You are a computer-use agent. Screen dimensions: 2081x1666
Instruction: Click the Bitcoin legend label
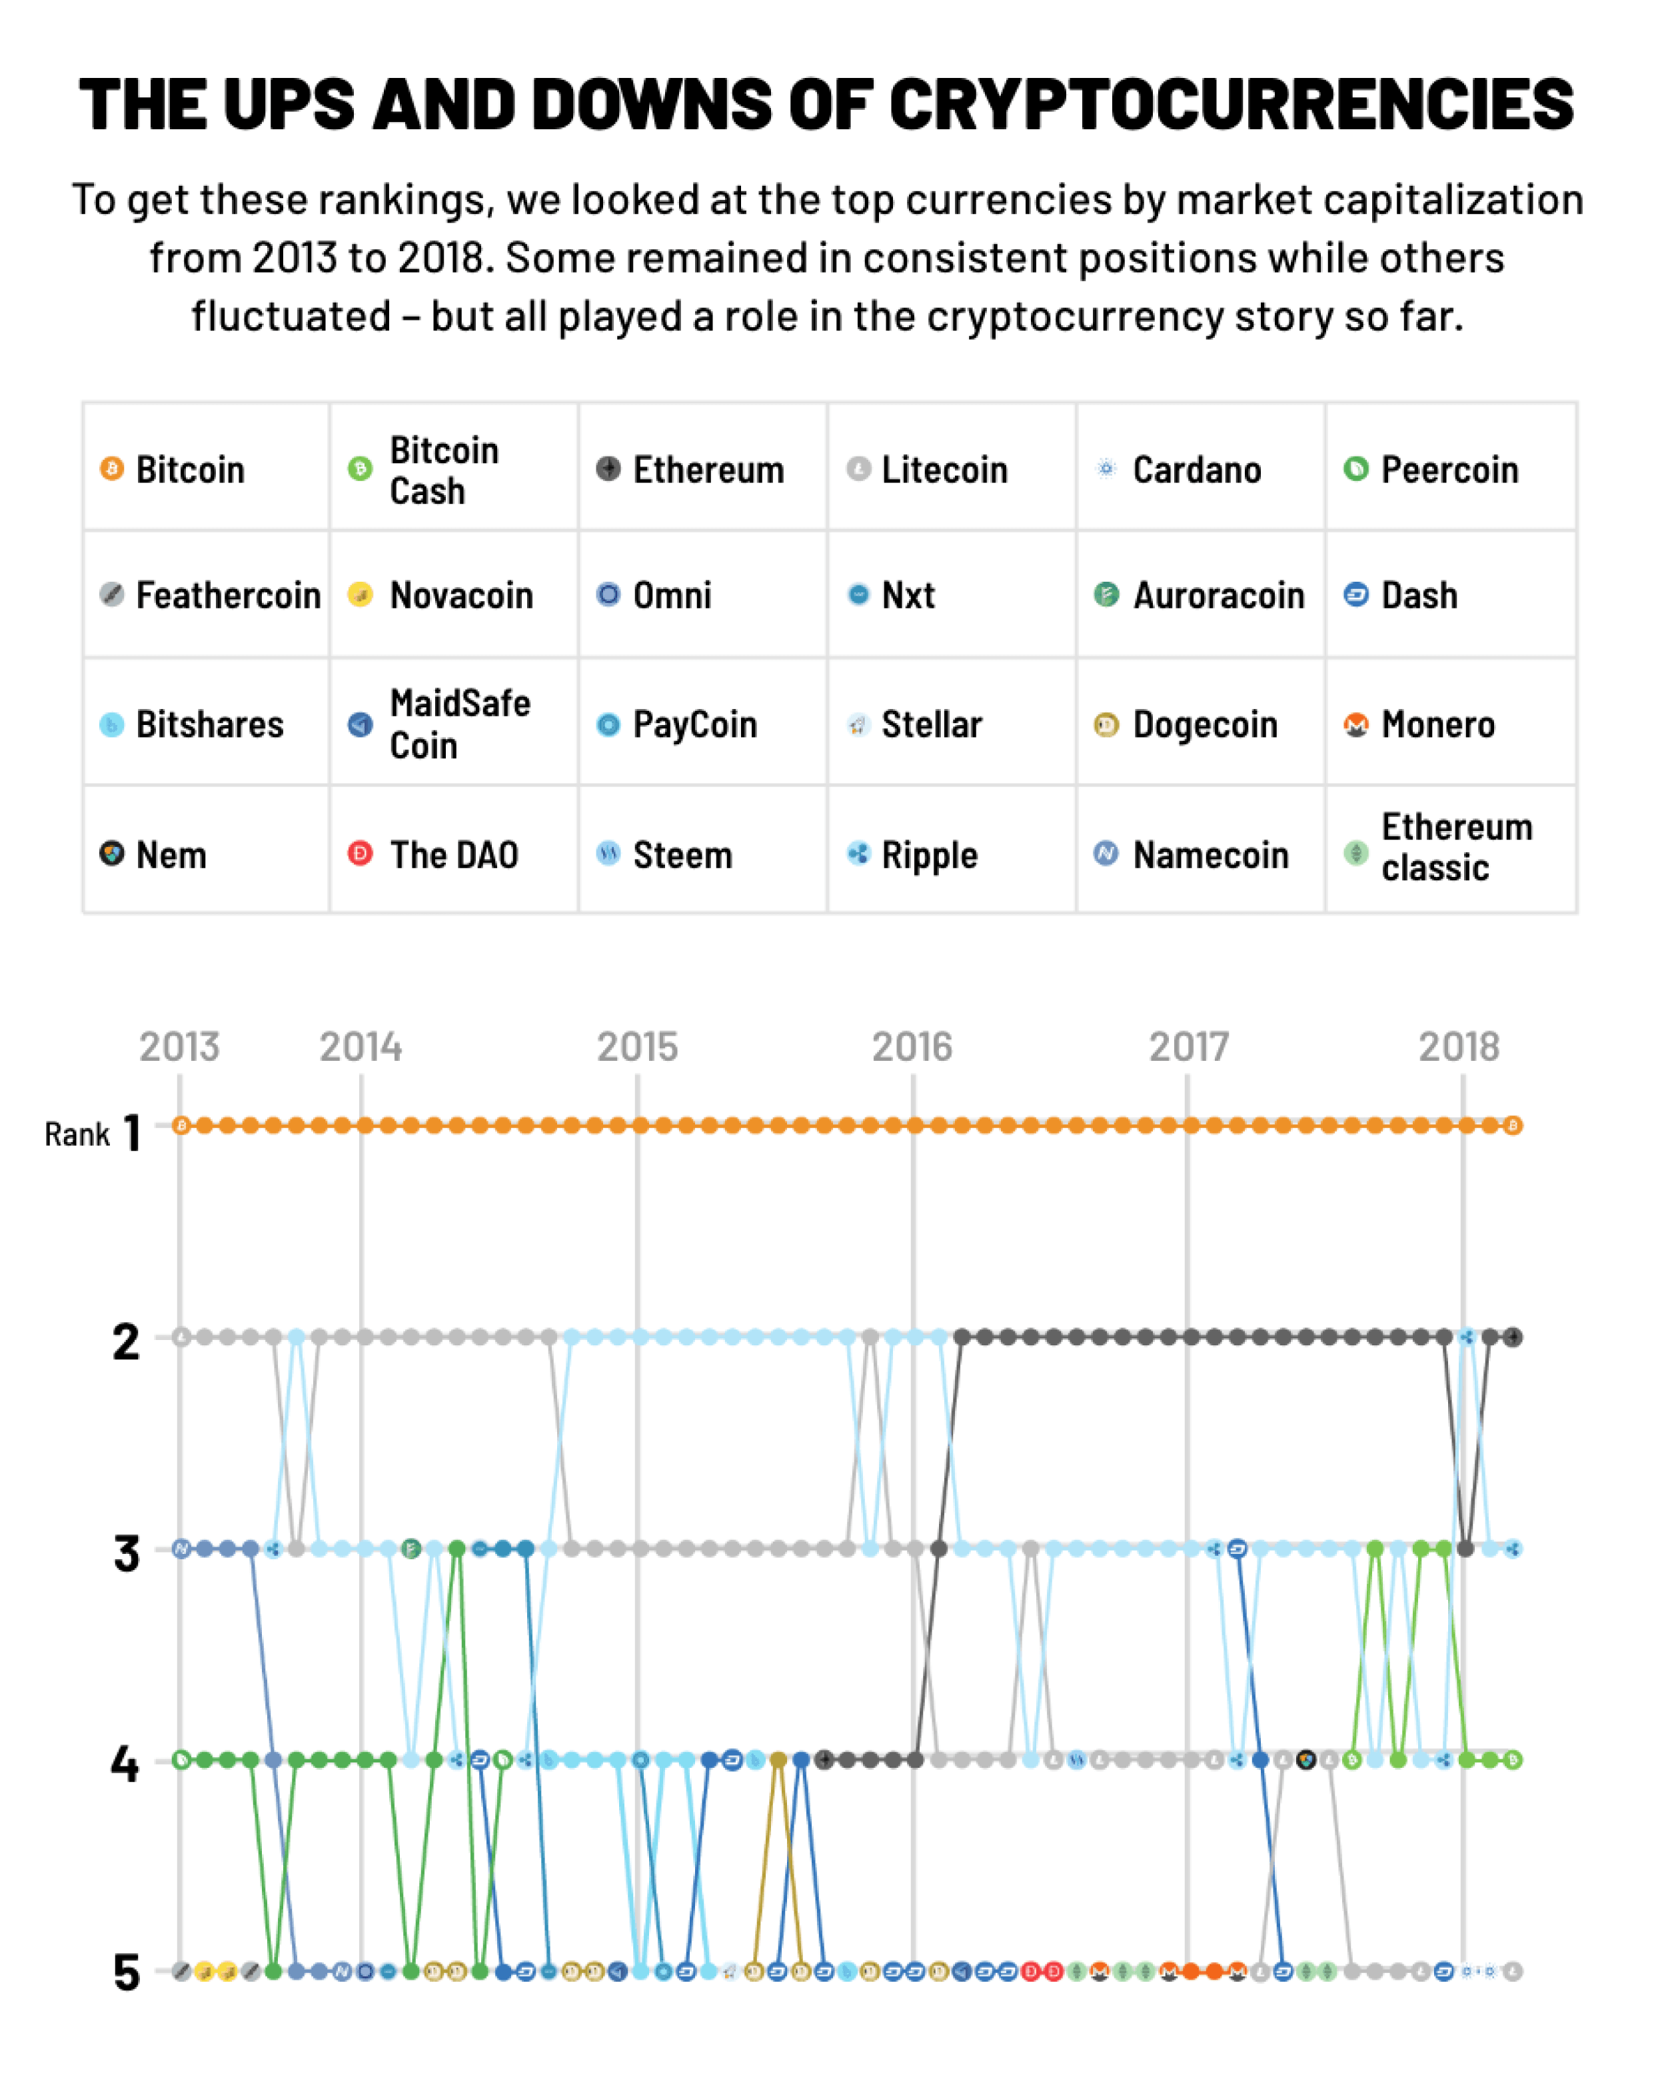(190, 470)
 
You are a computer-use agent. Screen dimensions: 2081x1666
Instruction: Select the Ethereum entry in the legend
(708, 470)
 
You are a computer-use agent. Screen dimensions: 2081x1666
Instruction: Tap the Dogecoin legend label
(1205, 725)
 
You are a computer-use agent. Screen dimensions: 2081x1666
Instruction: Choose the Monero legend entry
(1437, 725)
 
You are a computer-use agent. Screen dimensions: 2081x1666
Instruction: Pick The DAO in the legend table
(454, 855)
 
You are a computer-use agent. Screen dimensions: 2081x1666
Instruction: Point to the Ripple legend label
(930, 855)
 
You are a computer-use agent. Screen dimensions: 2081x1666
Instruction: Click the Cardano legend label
(1197, 470)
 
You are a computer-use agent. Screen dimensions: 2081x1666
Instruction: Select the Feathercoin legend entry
(228, 596)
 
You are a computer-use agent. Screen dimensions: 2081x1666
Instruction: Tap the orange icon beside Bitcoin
(112, 469)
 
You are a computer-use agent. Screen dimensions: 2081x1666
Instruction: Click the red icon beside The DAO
(360, 853)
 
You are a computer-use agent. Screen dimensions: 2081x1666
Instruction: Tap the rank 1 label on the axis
(132, 1133)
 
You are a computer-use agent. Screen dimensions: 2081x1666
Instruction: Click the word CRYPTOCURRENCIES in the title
(1231, 104)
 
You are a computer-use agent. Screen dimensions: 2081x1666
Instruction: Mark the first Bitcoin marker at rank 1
(181, 1125)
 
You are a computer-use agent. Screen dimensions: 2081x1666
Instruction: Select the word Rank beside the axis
(77, 1135)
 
